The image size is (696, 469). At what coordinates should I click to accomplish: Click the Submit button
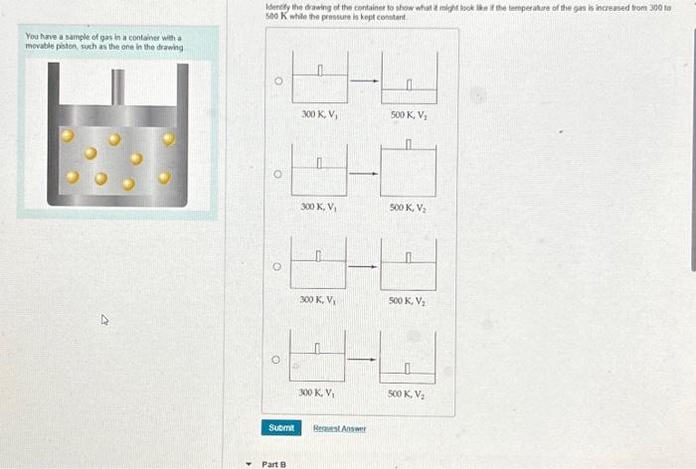[x=281, y=427]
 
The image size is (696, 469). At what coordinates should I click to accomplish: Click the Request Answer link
[x=340, y=428]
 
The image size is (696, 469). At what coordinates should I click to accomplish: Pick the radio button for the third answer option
[x=278, y=266]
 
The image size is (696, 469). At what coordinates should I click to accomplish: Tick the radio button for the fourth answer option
[x=278, y=359]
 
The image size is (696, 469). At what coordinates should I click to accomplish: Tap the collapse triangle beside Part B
[x=250, y=463]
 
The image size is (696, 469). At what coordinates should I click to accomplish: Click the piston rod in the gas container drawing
[x=117, y=85]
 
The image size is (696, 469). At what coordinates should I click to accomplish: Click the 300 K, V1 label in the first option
[x=319, y=114]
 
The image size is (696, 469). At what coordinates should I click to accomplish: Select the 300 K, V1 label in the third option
[x=319, y=299]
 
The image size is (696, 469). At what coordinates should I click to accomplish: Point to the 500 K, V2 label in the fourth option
[x=408, y=392]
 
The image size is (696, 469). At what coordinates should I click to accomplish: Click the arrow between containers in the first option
[x=364, y=81]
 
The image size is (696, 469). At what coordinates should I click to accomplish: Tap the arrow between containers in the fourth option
[x=364, y=359]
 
